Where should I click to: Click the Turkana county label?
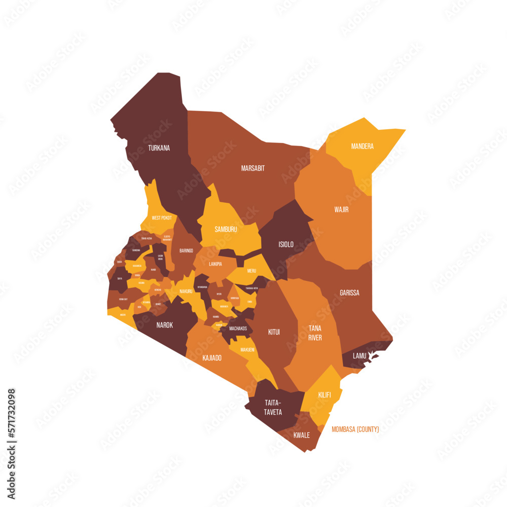(x=159, y=149)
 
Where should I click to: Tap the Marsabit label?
(x=252, y=168)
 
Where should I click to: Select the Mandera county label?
(x=362, y=147)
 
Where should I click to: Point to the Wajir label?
(x=341, y=209)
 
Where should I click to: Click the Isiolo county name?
(x=286, y=244)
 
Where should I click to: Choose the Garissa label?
(x=349, y=293)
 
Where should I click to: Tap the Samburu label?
(x=226, y=229)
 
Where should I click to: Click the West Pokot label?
(x=162, y=218)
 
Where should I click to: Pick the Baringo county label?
(x=186, y=250)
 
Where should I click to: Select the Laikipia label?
(x=215, y=264)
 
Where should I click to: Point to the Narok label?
(x=164, y=325)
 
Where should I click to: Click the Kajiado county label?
(x=212, y=358)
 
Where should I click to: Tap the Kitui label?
(x=274, y=333)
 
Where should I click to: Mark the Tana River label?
(x=315, y=333)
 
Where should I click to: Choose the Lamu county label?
(x=359, y=356)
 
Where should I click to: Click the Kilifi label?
(x=324, y=394)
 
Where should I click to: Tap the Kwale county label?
(x=301, y=435)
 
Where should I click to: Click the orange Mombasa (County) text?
(x=355, y=429)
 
